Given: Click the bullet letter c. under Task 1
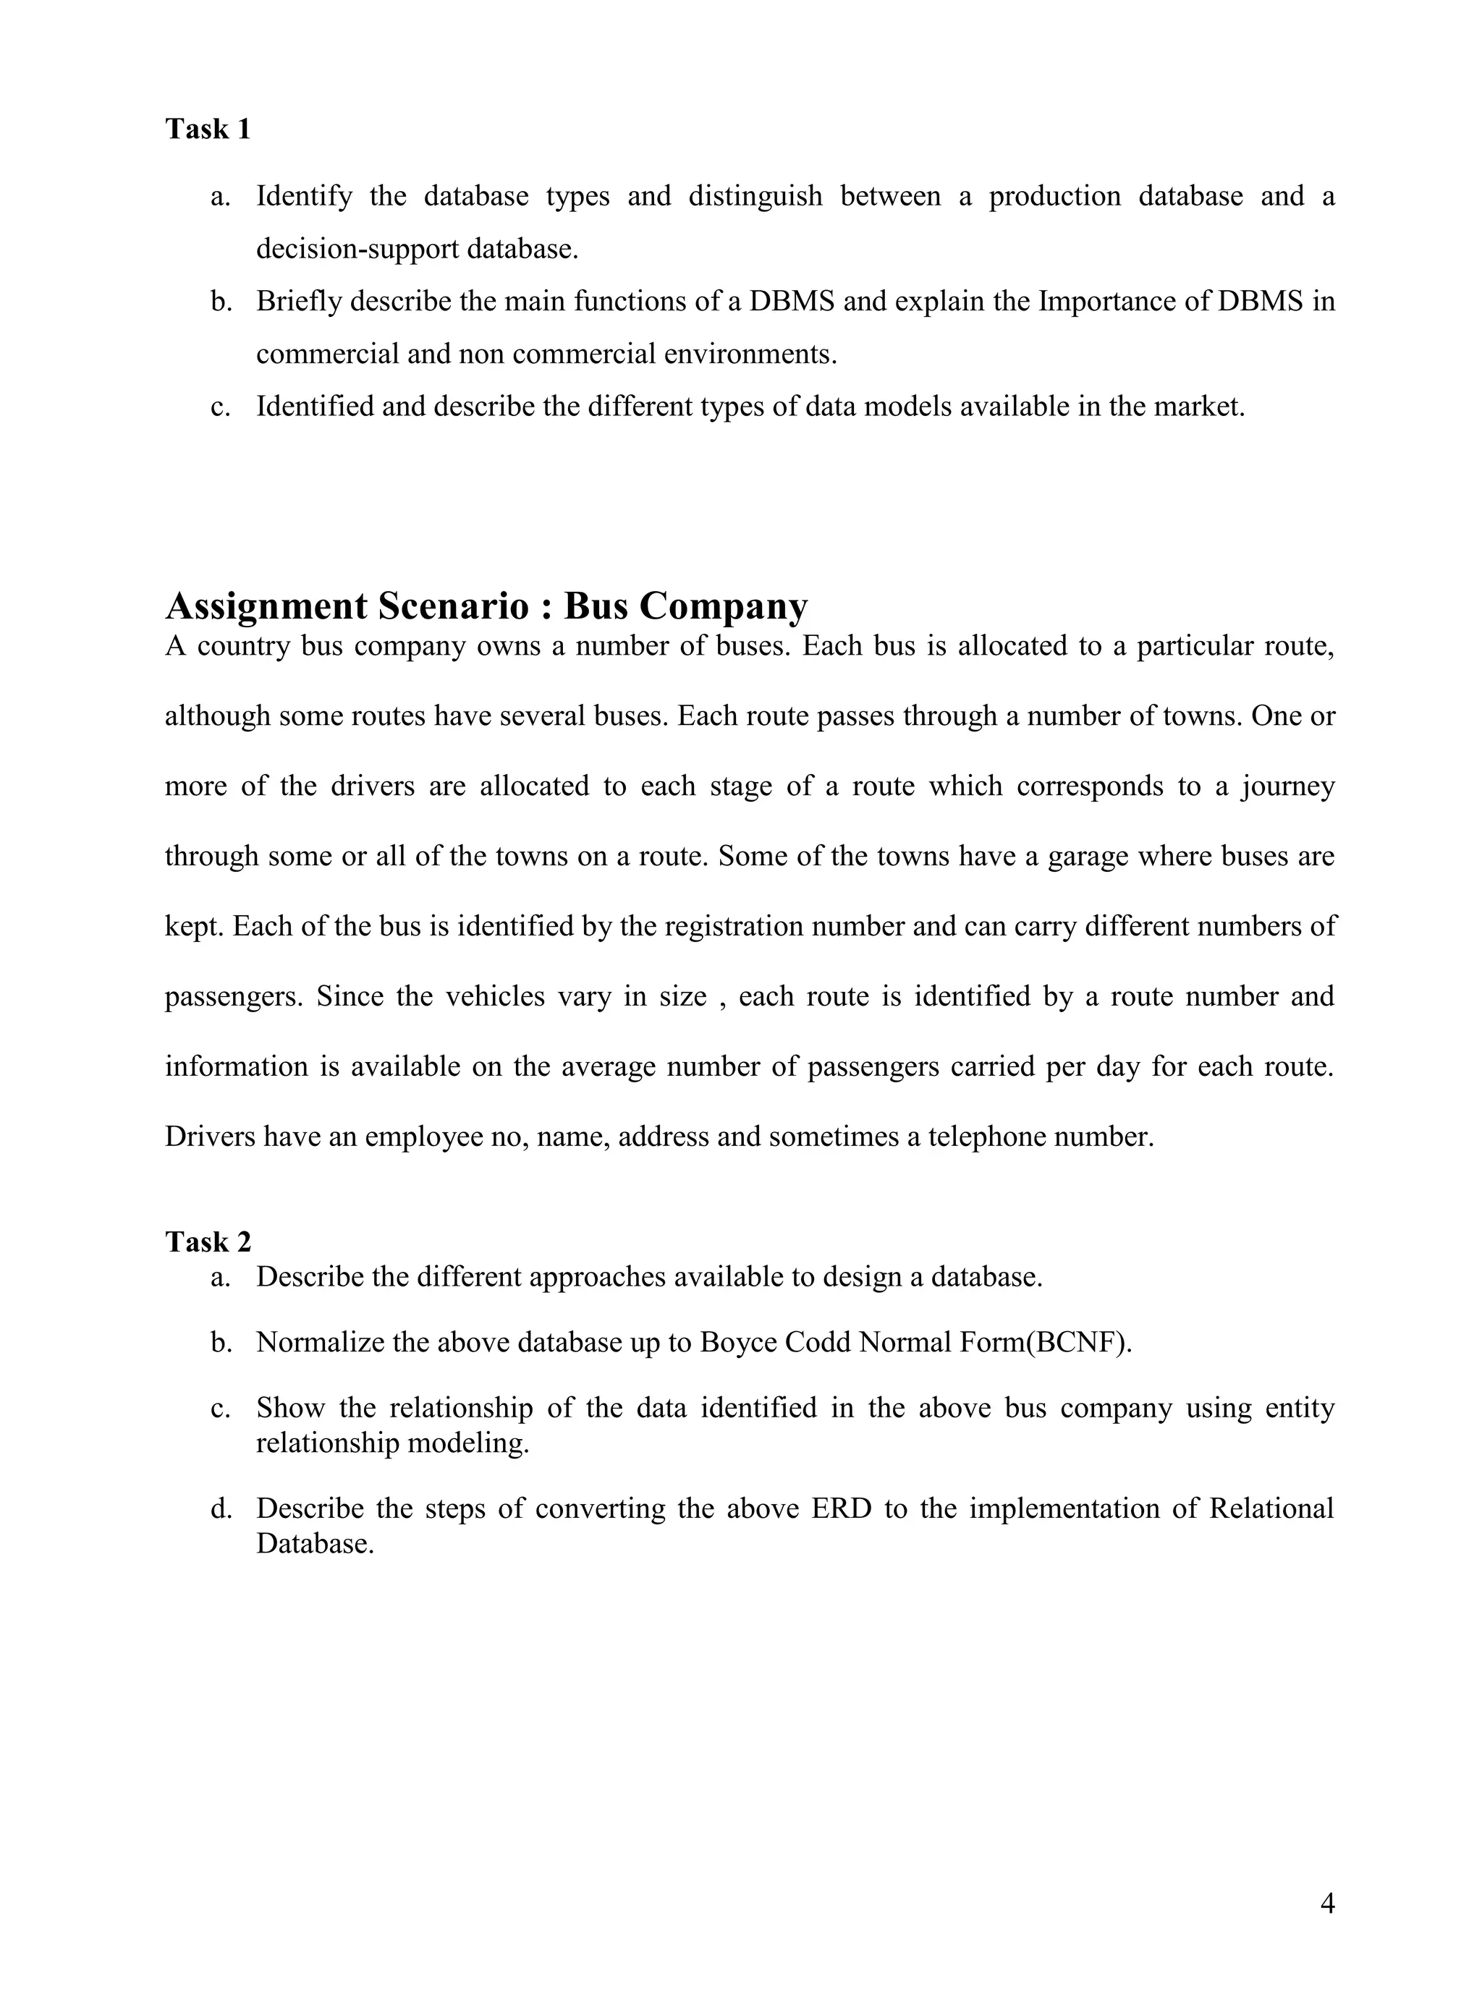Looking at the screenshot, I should point(221,407).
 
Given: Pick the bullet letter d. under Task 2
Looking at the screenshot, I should point(221,1508).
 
